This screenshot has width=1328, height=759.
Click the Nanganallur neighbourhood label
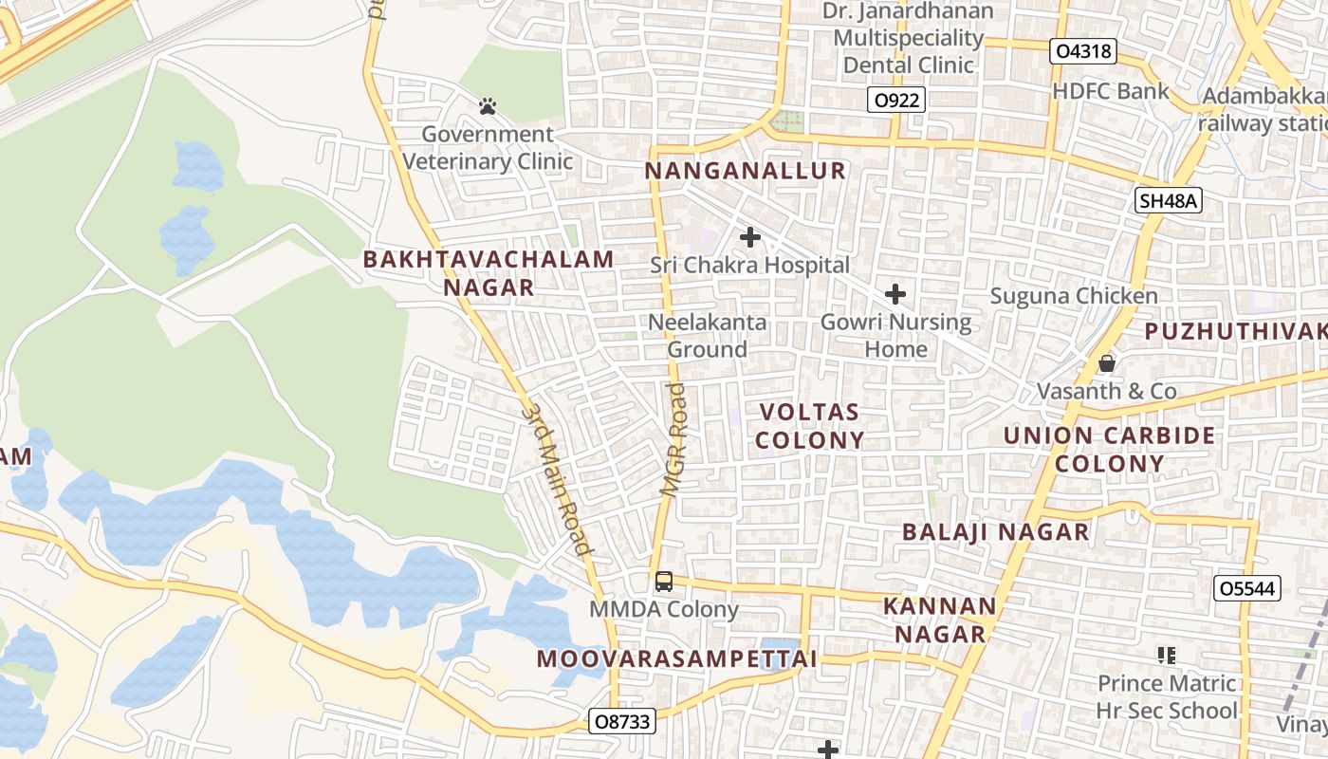point(745,171)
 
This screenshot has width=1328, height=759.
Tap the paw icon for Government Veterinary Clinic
point(488,106)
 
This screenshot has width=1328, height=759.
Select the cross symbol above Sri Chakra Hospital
point(750,237)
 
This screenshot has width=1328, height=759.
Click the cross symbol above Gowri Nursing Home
point(895,294)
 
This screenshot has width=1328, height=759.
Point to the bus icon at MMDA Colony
point(664,581)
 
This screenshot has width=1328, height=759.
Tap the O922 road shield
point(895,100)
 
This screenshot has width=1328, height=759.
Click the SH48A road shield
point(1169,200)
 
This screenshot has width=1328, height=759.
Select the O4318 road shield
point(1082,51)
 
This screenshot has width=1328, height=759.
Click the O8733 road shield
point(621,721)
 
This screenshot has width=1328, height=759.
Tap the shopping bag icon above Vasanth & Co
point(1106,363)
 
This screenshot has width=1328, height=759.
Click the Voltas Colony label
point(811,426)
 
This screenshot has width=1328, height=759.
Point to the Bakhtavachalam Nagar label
point(489,273)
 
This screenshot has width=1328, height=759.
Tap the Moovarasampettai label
point(676,658)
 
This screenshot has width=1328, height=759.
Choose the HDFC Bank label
point(1111,91)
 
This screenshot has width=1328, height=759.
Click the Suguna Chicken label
point(1074,296)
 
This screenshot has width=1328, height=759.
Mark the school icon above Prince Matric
point(1167,655)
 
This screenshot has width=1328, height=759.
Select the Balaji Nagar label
point(995,531)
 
